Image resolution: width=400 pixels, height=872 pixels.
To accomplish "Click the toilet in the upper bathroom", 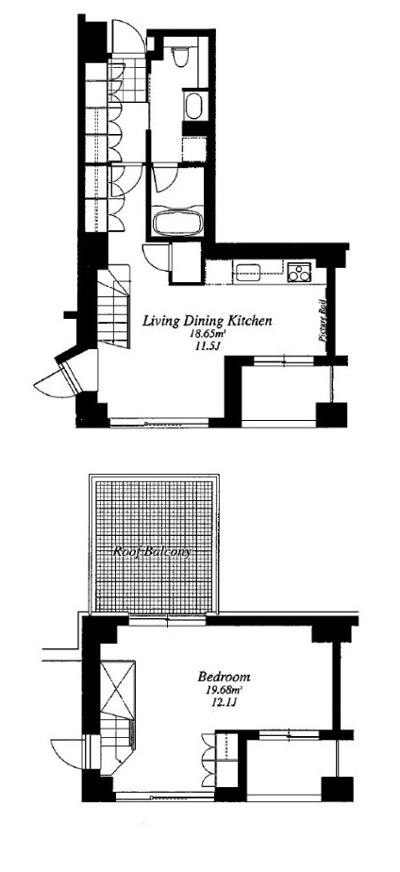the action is (x=180, y=58).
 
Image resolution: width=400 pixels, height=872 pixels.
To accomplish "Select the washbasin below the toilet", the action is (x=192, y=106).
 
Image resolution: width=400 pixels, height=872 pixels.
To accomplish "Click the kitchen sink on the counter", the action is (x=248, y=272).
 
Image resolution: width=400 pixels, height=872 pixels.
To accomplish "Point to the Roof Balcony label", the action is (x=152, y=552).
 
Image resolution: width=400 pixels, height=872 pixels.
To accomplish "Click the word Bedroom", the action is (x=224, y=677).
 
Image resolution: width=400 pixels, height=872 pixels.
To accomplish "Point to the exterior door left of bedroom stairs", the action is (x=68, y=753).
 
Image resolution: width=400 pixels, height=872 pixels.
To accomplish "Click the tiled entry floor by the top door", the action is (x=127, y=80).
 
